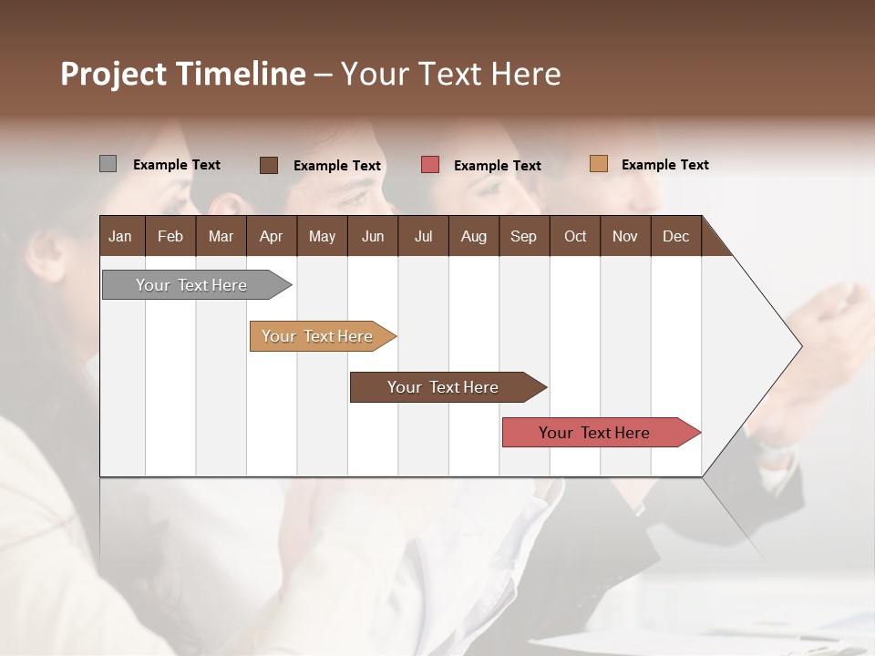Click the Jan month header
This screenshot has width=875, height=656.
[120, 236]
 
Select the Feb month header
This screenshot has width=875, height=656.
[170, 236]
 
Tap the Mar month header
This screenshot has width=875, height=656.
[221, 236]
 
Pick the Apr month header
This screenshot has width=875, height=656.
[271, 236]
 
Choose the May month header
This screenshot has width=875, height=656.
[322, 236]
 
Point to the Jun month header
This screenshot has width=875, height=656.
[373, 236]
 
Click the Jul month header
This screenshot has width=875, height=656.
[423, 236]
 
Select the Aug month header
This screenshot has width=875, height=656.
[473, 236]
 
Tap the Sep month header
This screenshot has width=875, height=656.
[523, 236]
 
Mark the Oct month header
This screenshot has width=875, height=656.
[575, 236]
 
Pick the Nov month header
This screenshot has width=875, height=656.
[625, 236]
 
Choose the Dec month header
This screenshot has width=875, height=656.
[675, 236]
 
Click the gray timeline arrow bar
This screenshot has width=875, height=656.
[192, 285]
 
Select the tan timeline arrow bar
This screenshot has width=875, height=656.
[318, 336]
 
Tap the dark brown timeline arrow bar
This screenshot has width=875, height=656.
[443, 387]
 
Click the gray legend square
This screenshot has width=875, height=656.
[108, 164]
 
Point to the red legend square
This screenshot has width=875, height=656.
[430, 165]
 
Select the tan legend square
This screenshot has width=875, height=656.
[598, 164]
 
